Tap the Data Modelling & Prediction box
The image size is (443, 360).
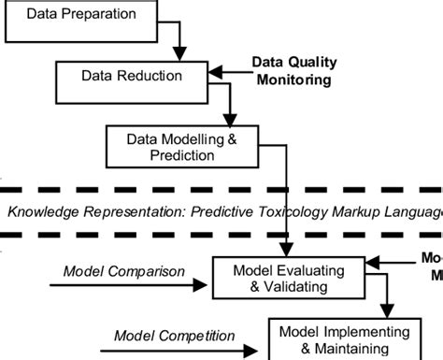click(x=183, y=145)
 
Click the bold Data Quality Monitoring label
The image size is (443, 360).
click(x=293, y=71)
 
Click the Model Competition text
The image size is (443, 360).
click(x=162, y=335)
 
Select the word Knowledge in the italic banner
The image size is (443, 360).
click(x=39, y=210)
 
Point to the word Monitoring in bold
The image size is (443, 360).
click(x=293, y=80)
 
